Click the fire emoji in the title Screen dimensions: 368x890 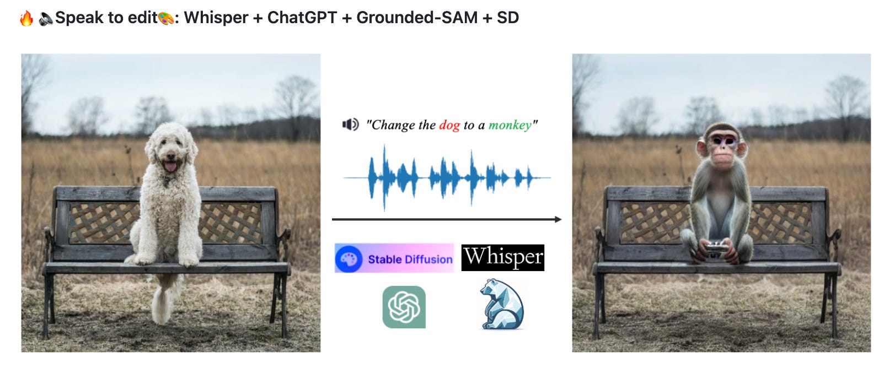coord(26,18)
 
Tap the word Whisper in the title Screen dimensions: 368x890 coord(216,18)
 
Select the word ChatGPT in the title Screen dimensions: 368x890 coord(302,18)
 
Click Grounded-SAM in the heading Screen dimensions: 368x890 coord(417,18)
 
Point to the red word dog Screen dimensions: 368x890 coord(449,125)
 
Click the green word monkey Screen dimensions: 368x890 coord(510,125)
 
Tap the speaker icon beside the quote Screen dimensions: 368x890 coord(350,125)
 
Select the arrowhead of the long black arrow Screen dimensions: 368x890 coord(557,219)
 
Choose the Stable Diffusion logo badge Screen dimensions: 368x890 coord(394,258)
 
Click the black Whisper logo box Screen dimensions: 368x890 coord(502,257)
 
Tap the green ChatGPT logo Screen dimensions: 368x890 coord(404,307)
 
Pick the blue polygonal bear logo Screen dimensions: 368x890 coord(501,305)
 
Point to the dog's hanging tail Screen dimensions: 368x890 coord(162,303)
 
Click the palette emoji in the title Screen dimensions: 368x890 coord(166,18)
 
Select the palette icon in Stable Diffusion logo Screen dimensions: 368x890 coord(349,259)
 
